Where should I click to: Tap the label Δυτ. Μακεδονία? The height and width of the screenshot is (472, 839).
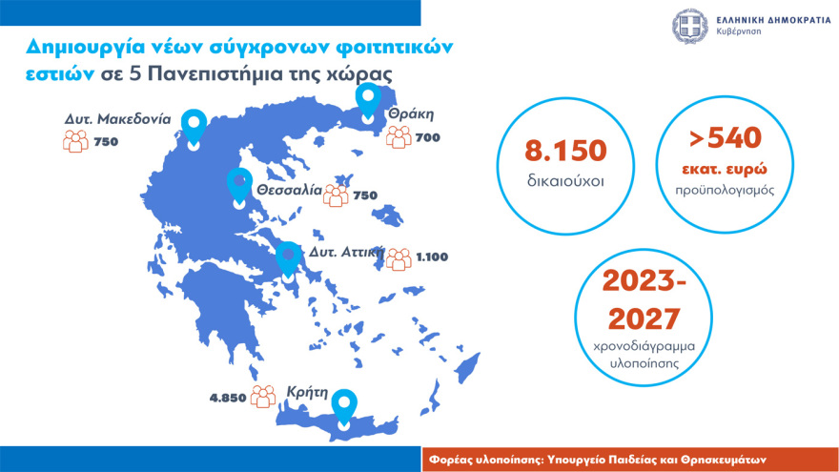pos(118,120)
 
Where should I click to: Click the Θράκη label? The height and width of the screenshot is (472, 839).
pos(410,113)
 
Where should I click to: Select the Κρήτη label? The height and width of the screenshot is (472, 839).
pos(307,391)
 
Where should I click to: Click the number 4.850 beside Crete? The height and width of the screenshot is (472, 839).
pos(228,398)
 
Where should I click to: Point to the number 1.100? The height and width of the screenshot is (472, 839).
pos(431,257)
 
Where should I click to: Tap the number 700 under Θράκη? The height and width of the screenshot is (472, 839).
pos(428,138)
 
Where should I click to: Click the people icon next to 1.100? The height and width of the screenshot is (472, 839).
pos(399,257)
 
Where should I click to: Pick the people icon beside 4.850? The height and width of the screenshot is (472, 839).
pos(262,398)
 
